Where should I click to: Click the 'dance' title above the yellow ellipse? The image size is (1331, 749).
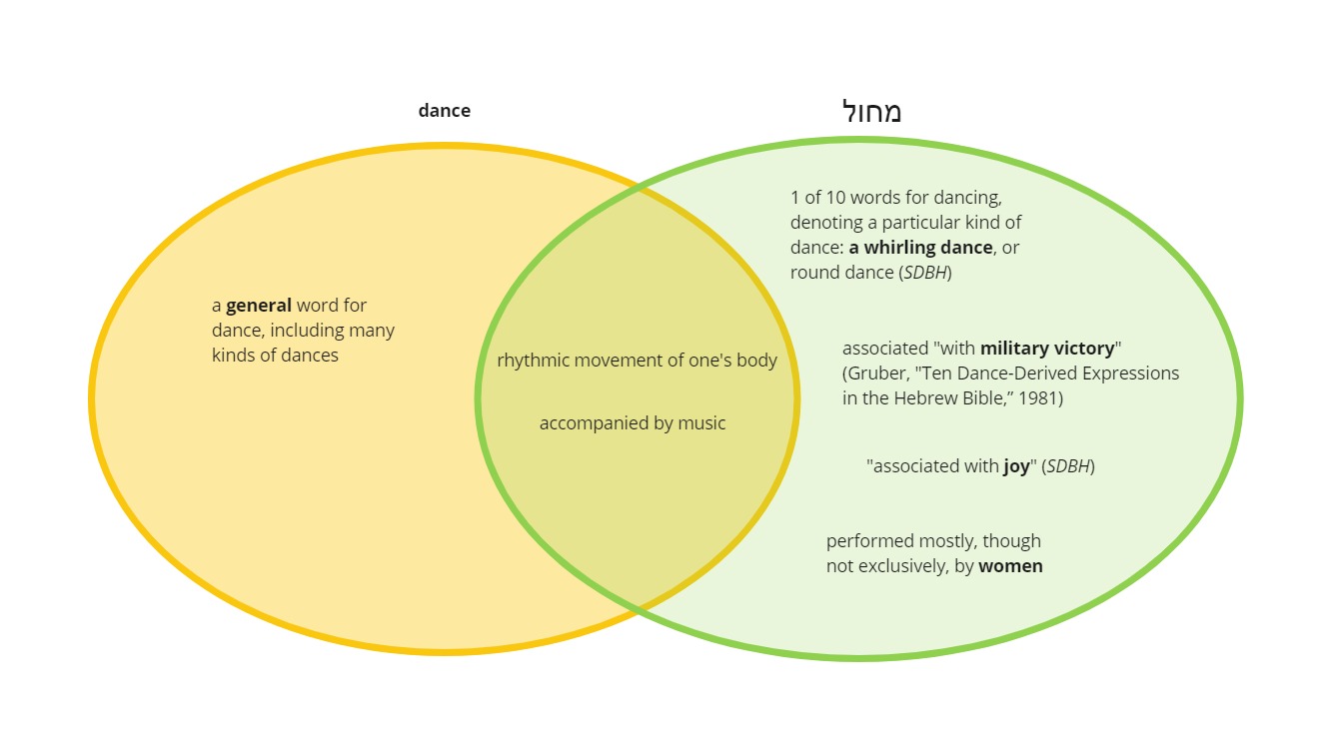click(444, 111)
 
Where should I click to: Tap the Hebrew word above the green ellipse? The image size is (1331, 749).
click(871, 111)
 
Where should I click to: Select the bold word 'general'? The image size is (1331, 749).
click(259, 306)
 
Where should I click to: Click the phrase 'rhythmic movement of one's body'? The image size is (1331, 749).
click(637, 360)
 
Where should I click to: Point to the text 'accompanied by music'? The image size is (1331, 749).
click(633, 422)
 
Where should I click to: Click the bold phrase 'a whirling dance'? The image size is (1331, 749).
click(920, 247)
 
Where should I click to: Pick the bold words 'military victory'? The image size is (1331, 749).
click(1047, 349)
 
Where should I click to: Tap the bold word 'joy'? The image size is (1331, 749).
click(1016, 466)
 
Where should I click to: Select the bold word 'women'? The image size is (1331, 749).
click(1010, 566)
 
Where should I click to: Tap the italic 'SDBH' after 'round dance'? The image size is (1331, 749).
click(925, 272)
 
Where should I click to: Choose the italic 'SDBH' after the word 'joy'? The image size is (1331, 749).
click(1068, 466)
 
